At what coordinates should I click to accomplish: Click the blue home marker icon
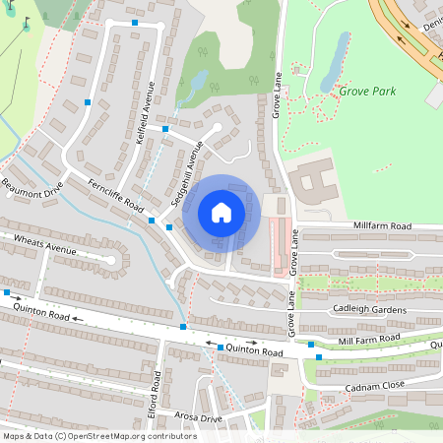coord(221,213)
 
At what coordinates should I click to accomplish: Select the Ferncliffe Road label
coord(115,196)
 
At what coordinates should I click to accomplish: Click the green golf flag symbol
coord(27,22)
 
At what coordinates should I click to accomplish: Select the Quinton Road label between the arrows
coord(254,351)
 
